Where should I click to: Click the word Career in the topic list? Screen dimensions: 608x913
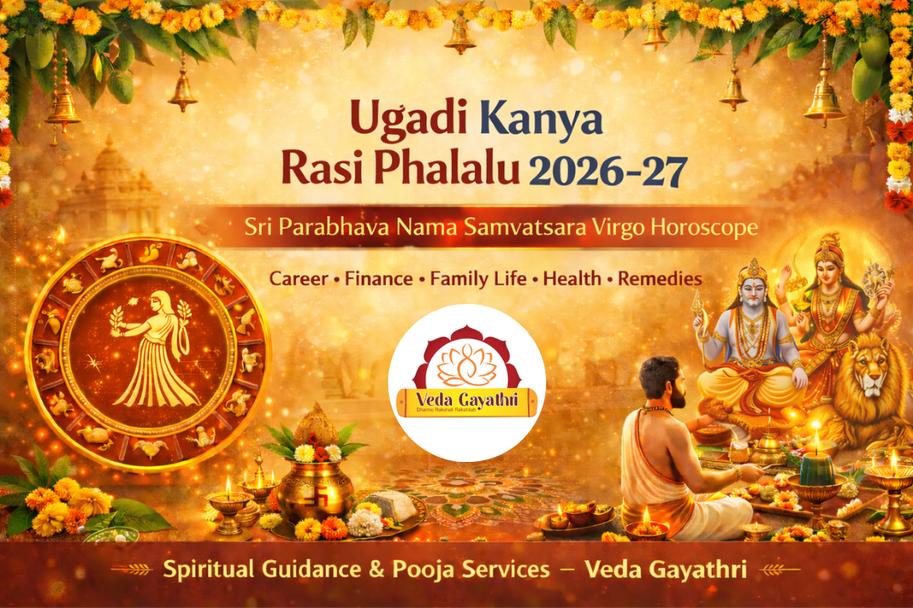pyautogui.click(x=301, y=279)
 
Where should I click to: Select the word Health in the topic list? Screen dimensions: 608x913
pyautogui.click(x=572, y=279)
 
